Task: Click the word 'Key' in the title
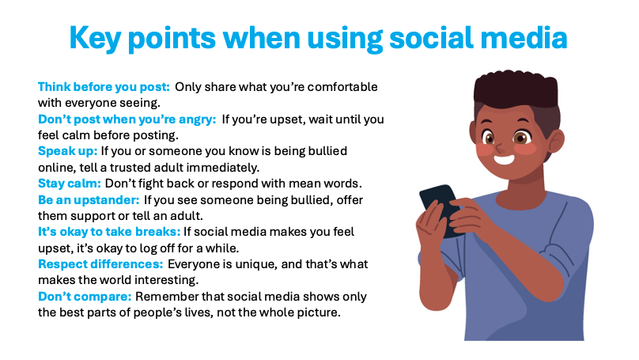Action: (96, 38)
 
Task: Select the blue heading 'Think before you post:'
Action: (104, 87)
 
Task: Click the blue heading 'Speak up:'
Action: (68, 151)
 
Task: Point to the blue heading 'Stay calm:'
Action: (70, 184)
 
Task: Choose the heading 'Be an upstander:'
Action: (89, 199)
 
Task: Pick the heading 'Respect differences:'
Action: (100, 264)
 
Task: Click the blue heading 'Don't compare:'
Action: (85, 297)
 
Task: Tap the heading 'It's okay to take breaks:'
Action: (109, 232)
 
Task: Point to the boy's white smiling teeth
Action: (504, 159)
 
